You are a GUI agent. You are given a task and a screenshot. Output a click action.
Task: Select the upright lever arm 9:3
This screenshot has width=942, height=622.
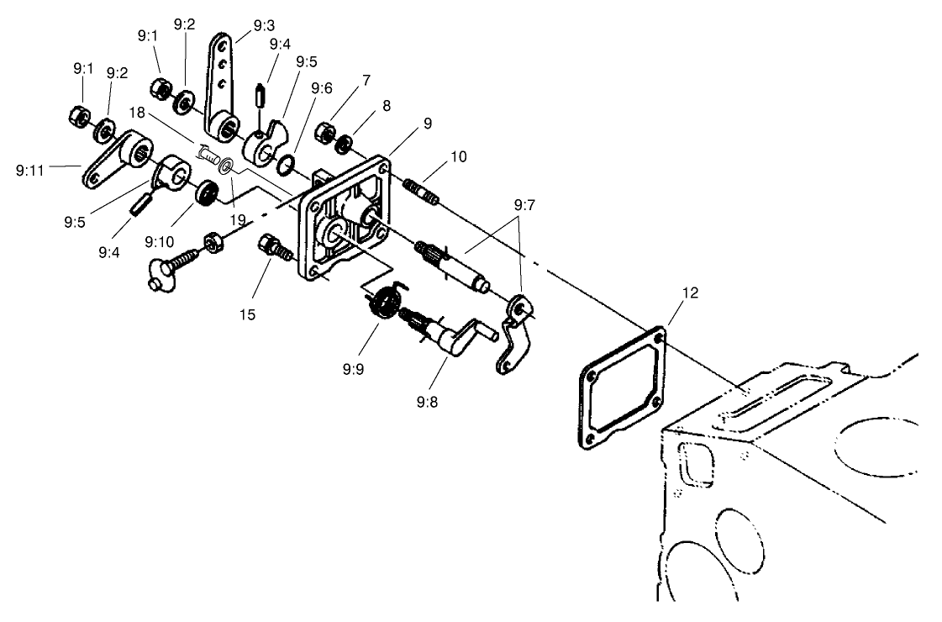222,84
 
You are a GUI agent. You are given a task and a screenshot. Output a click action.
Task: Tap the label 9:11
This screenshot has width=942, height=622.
31,169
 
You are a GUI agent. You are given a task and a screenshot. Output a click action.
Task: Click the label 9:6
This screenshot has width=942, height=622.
321,87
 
